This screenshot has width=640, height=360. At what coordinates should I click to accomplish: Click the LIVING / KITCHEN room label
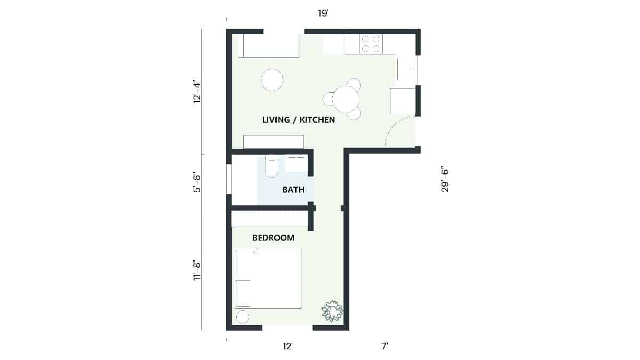coord(298,120)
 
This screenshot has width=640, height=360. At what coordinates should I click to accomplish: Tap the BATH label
coord(293,189)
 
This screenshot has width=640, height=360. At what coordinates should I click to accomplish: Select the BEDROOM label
coord(273,238)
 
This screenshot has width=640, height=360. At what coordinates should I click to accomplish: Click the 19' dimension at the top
coord(323,13)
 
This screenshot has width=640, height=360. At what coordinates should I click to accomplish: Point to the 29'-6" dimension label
coord(445,180)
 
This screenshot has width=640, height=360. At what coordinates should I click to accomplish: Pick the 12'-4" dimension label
coord(197,91)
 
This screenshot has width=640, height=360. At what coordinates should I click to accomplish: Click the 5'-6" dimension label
coord(197,182)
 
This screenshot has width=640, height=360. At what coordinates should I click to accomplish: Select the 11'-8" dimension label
coord(197,270)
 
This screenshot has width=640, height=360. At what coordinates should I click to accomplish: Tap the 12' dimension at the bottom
coord(288,347)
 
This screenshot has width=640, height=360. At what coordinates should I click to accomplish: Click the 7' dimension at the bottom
coord(384,347)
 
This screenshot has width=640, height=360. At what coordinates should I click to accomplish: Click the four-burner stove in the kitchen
coord(371,44)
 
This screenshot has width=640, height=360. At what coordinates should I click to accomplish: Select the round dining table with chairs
coord(346,99)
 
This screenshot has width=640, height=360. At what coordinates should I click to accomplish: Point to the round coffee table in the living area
coord(272,80)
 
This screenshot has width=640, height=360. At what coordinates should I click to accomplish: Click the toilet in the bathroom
coord(272,166)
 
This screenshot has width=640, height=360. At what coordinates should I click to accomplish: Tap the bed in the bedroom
coord(268,278)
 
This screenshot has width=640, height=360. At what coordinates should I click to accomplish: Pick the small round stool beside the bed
coord(242,316)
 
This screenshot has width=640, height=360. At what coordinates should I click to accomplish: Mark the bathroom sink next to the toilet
coord(296,163)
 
